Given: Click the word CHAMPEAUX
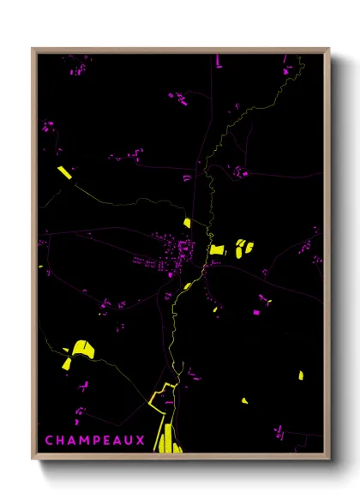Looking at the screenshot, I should [x=85, y=440].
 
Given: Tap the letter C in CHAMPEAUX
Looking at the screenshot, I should [x=49, y=440].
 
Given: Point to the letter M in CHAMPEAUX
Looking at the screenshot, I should [x=76, y=440].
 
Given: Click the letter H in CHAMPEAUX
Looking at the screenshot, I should [x=58, y=440].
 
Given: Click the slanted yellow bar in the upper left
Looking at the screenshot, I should [x=64, y=171].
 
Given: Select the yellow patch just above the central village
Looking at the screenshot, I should [x=187, y=223].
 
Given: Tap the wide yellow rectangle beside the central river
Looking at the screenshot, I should [x=218, y=249].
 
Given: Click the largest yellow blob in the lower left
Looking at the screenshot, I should [x=82, y=347].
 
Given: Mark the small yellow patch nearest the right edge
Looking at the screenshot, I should [x=301, y=375].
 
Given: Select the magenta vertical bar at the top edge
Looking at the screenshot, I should [x=219, y=60].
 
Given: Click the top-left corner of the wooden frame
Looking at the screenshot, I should [x=33, y=49].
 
